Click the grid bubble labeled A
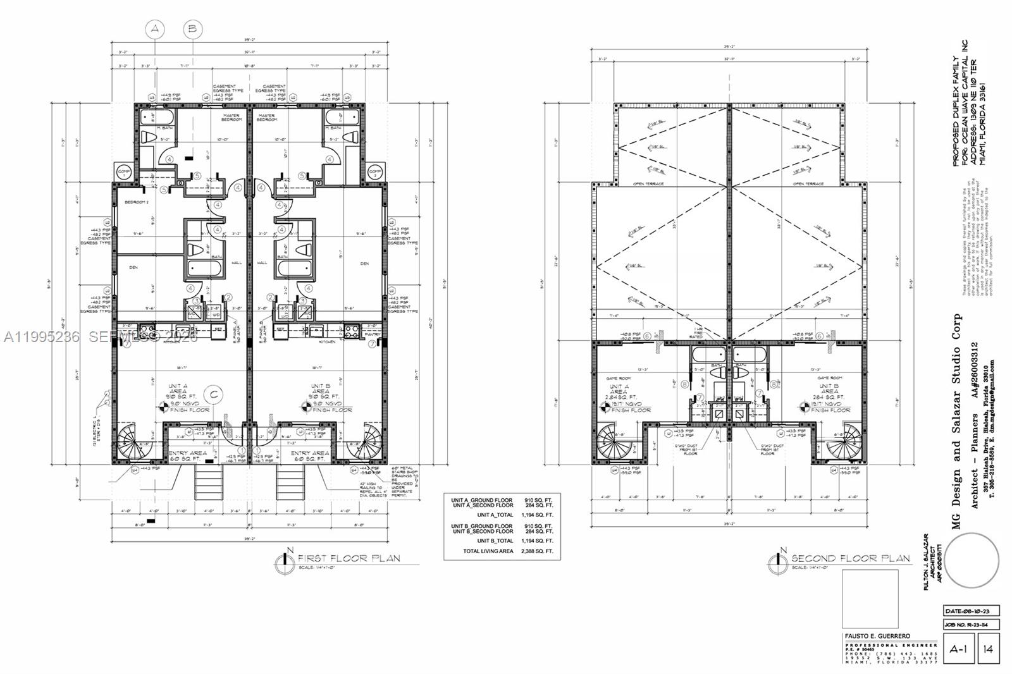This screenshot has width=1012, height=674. (x=155, y=29)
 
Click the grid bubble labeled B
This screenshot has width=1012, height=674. (x=193, y=29)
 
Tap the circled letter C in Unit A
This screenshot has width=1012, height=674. (x=215, y=395)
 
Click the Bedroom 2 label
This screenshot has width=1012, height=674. (x=136, y=202)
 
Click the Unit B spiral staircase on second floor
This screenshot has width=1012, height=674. (x=843, y=440)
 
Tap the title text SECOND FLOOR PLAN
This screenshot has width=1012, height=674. (x=850, y=558)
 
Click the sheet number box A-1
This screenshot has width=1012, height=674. (x=958, y=649)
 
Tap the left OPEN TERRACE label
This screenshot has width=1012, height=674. (x=648, y=184)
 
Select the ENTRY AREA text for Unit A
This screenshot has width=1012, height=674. (x=187, y=453)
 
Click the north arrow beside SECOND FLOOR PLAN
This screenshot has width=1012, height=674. (x=779, y=560)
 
